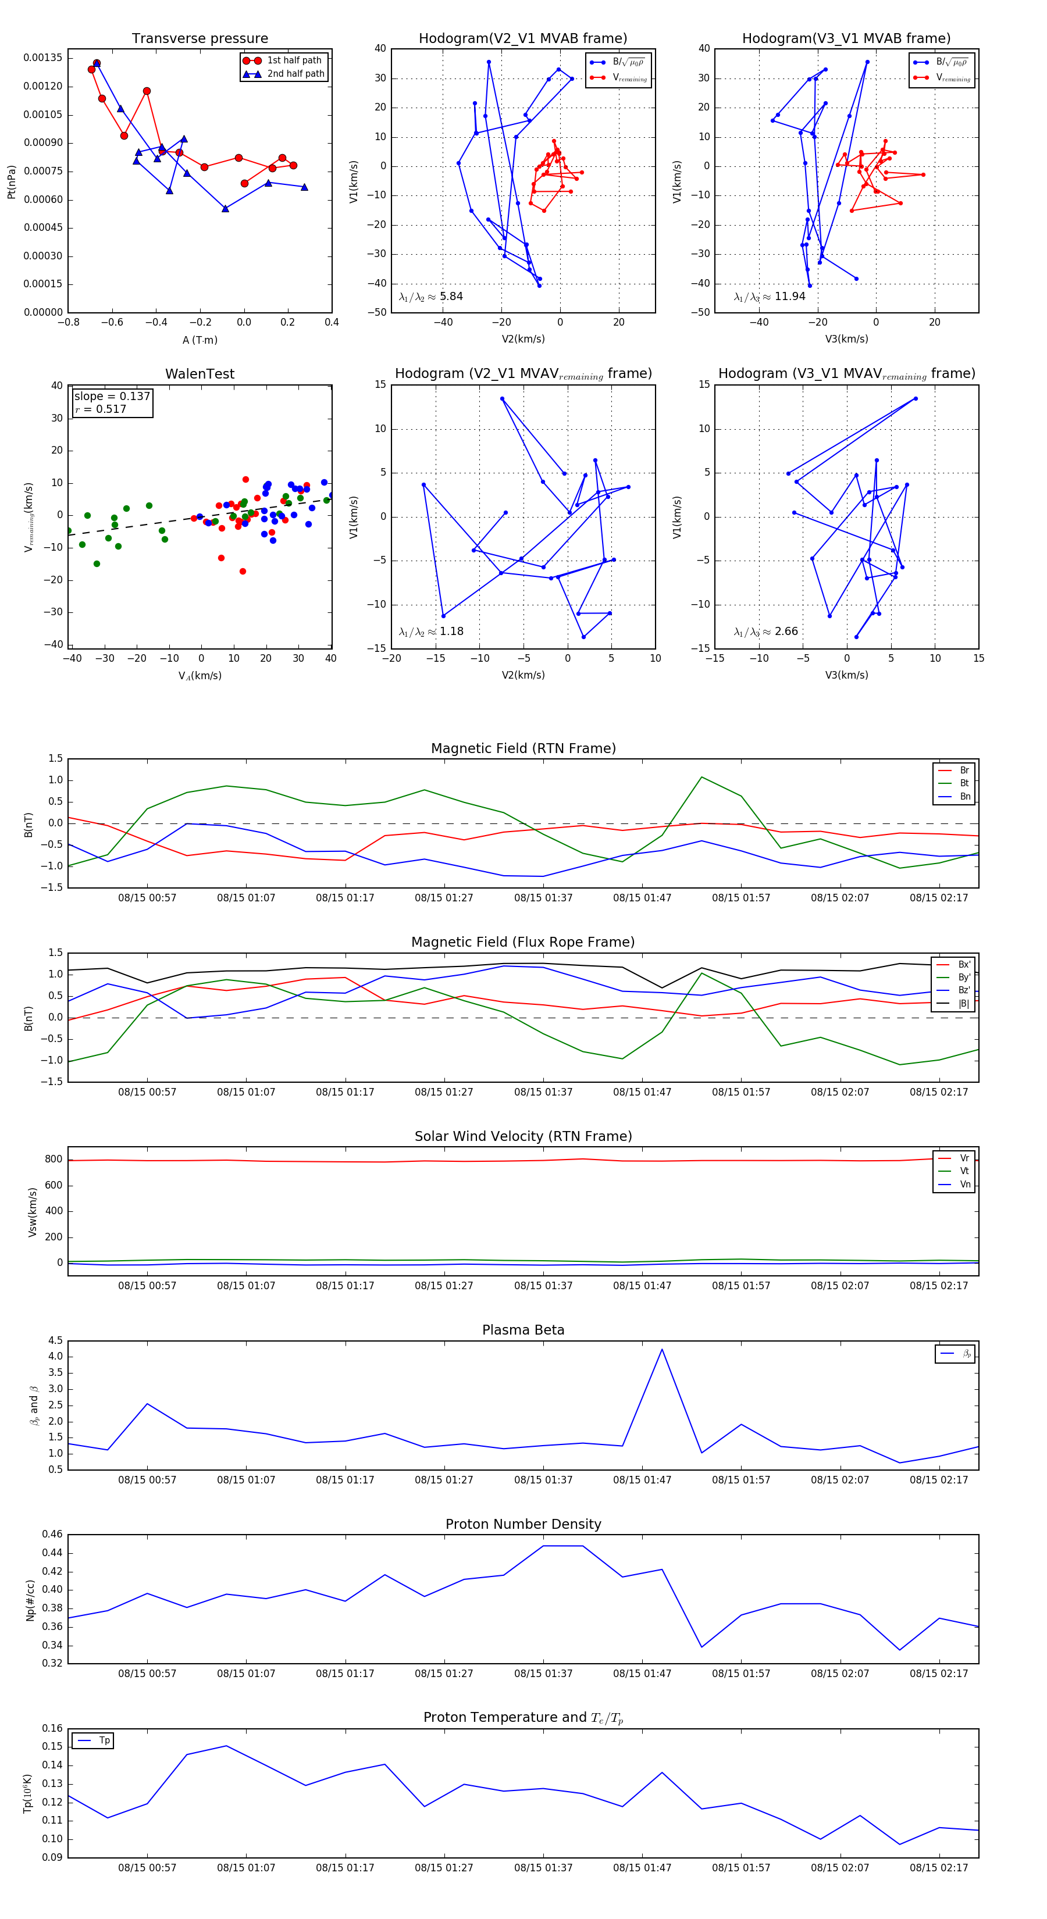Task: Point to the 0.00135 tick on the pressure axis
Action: click(43, 58)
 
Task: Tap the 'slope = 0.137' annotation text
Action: click(112, 397)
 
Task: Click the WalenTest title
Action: click(200, 374)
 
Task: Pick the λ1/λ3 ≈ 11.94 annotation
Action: click(769, 297)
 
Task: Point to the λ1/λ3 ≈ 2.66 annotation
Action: click(765, 632)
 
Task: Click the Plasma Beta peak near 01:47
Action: click(662, 1349)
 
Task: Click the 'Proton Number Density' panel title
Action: click(523, 1524)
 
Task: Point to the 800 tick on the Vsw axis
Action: click(54, 1159)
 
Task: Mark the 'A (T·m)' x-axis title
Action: click(200, 340)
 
